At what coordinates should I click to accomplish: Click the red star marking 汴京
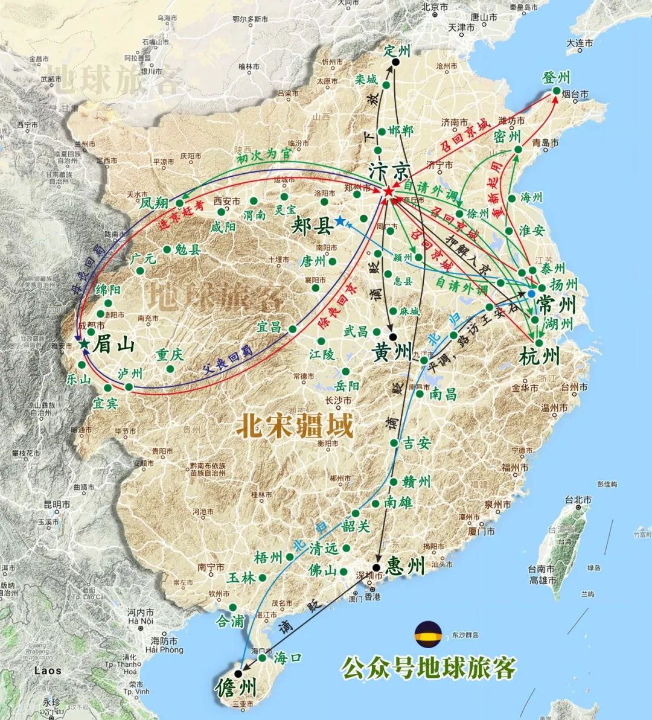388,191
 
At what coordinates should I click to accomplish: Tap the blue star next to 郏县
340,221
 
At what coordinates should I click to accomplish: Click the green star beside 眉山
85,344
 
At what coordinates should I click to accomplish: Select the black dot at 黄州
393,337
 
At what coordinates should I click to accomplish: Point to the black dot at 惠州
376,567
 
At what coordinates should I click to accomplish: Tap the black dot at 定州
395,62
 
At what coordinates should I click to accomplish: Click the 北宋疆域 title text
294,425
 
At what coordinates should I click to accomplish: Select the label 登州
556,77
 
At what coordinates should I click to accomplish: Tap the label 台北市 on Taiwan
576,500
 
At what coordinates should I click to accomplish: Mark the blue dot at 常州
531,293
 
